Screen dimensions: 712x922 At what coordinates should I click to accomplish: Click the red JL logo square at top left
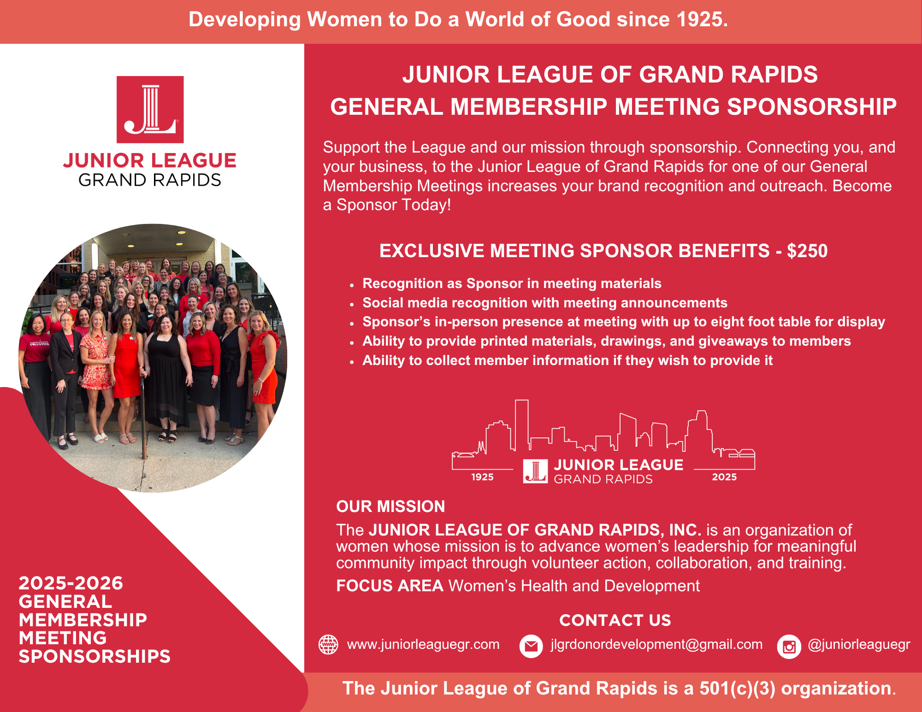[150, 109]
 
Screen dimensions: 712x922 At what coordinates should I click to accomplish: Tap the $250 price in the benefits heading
[807, 251]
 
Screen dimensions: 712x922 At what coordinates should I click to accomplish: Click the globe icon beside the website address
[328, 644]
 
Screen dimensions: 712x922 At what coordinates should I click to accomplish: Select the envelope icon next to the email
[531, 646]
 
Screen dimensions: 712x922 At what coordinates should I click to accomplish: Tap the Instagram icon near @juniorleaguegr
[789, 647]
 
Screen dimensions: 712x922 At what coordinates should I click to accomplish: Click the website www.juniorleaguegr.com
[423, 644]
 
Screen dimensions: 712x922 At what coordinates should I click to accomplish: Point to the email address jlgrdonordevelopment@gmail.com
[656, 644]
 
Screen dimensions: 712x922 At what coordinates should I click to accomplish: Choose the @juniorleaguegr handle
[859, 644]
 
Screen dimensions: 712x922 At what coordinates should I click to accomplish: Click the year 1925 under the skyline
[482, 477]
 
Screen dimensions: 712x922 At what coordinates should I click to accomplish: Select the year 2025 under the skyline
[724, 477]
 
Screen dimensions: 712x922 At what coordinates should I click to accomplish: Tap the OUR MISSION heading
[390, 506]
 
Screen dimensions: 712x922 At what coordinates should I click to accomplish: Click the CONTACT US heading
[615, 620]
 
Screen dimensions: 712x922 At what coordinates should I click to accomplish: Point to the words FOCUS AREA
[390, 586]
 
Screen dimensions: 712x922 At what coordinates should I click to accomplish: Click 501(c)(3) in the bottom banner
[737, 688]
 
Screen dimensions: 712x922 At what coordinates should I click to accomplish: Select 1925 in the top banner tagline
[702, 19]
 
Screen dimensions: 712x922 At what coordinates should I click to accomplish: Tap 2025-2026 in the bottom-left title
[71, 583]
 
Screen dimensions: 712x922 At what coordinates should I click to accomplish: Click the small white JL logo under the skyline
[535, 471]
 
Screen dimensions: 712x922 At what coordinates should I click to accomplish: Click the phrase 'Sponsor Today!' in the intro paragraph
[393, 205]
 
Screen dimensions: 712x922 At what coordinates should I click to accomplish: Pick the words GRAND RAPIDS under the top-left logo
[150, 180]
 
